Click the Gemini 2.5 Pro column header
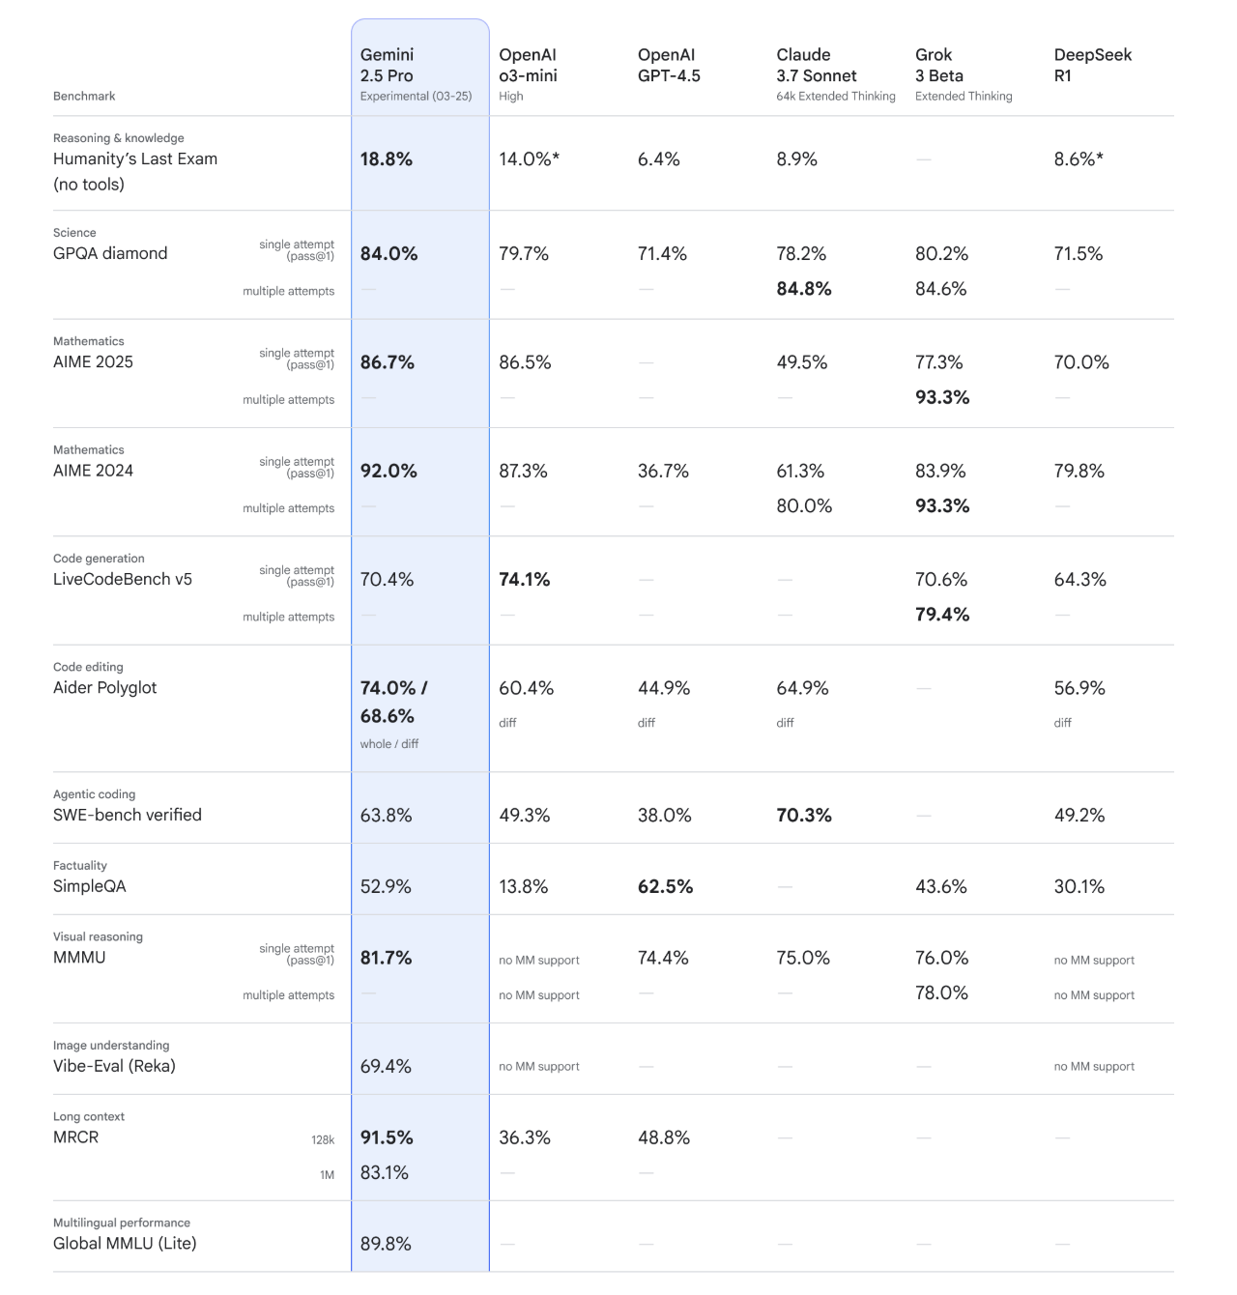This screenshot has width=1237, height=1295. (387, 66)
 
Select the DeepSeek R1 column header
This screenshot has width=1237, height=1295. (1092, 66)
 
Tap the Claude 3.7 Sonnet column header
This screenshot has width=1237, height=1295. (816, 66)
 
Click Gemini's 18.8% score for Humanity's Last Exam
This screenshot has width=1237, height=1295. (387, 159)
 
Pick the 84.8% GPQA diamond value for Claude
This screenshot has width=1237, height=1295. (803, 289)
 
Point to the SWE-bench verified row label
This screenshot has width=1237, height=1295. (128, 815)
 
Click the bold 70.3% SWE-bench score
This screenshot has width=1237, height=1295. (803, 816)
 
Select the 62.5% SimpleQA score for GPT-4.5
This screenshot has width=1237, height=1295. (665, 887)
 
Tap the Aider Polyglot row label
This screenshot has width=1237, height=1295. (104, 688)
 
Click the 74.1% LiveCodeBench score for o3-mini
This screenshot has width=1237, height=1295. (524, 580)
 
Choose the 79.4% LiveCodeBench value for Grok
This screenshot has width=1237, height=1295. (941, 615)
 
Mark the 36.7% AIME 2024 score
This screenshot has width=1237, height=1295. (663, 472)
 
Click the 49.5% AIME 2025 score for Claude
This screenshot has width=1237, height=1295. (801, 362)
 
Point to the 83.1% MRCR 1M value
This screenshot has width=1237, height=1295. (385, 1173)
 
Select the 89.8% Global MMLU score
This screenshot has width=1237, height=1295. (386, 1245)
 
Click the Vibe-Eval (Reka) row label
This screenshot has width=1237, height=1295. (114, 1066)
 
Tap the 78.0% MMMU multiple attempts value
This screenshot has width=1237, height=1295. (940, 993)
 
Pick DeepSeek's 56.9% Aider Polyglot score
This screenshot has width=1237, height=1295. (1079, 688)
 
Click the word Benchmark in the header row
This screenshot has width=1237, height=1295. (84, 97)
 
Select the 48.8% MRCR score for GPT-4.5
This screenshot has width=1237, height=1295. (663, 1138)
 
